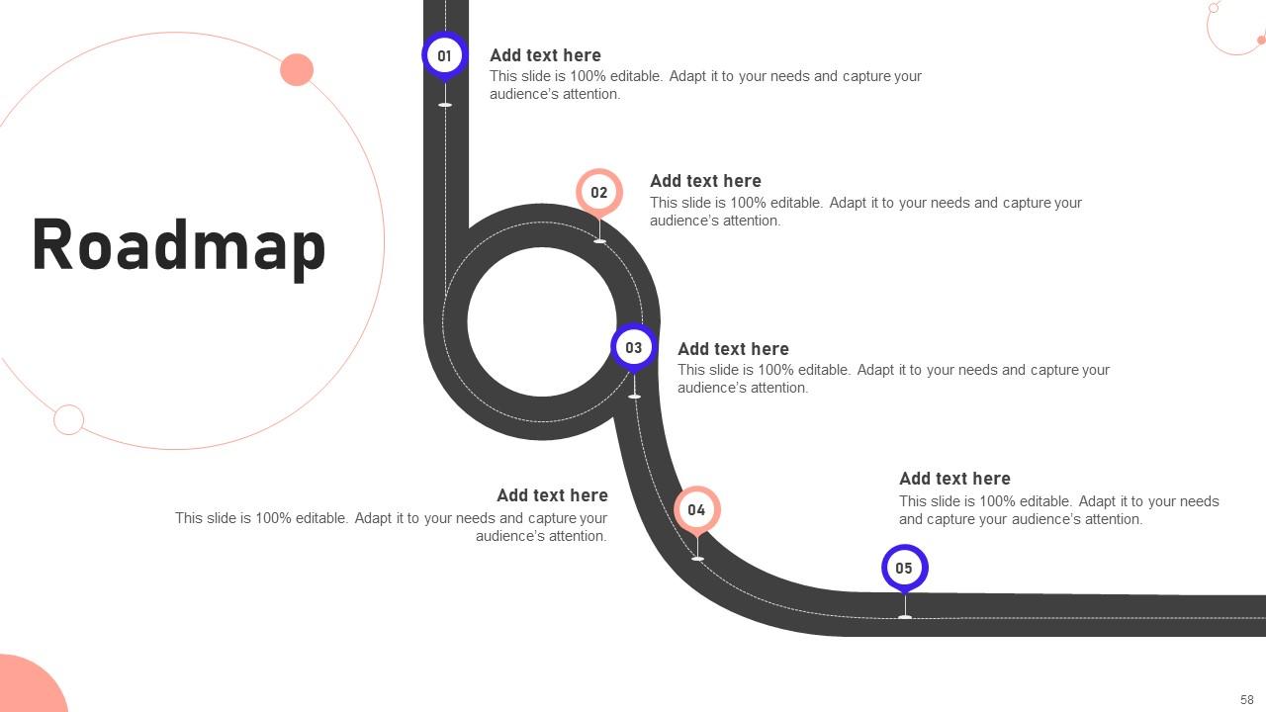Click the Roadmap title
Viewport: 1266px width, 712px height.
tap(179, 245)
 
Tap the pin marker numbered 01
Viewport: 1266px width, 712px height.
tap(444, 55)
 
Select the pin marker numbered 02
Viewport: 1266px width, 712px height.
tap(599, 192)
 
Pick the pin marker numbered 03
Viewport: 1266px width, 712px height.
tap(633, 347)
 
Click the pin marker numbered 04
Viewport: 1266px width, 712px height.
tap(696, 509)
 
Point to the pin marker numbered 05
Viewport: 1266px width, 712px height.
tap(904, 568)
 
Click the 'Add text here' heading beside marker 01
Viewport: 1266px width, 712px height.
tap(545, 55)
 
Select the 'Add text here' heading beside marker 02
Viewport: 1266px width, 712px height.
tap(705, 181)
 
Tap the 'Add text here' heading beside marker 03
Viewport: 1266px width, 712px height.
tap(733, 349)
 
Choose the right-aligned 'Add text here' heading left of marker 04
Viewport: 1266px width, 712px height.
tap(552, 495)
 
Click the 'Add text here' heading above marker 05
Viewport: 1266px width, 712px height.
tap(954, 479)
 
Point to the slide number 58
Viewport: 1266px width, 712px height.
tap(1246, 699)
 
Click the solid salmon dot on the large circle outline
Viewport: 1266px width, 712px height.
tap(297, 70)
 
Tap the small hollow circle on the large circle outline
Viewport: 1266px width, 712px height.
tap(68, 419)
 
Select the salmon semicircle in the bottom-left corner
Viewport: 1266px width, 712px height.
tap(25, 687)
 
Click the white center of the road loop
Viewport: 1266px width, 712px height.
tap(542, 321)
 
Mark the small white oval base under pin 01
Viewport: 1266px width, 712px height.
tap(445, 105)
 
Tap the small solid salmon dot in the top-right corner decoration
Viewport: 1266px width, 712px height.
tap(1260, 41)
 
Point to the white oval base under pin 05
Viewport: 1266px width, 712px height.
tap(905, 617)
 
